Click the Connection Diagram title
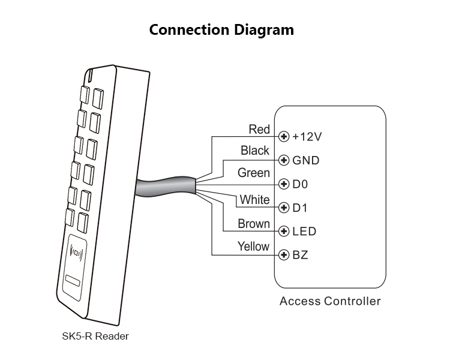pyautogui.click(x=221, y=30)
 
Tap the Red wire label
pyautogui.click(x=259, y=130)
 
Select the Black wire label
pyautogui.click(x=255, y=151)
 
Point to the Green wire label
pyautogui.click(x=253, y=173)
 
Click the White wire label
pyautogui.click(x=254, y=199)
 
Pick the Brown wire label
pyautogui.click(x=253, y=224)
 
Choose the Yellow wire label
pyautogui.click(x=253, y=246)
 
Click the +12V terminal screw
pyautogui.click(x=284, y=137)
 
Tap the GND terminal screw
pyautogui.click(x=284, y=160)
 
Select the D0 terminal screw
pyautogui.click(x=284, y=184)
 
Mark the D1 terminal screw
pyautogui.click(x=284, y=208)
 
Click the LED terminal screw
pyautogui.click(x=284, y=231)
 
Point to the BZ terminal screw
pyautogui.click(x=284, y=255)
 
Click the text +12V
pyautogui.click(x=307, y=137)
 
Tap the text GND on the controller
pyautogui.click(x=305, y=160)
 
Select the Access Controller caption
pyautogui.click(x=330, y=301)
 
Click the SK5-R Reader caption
pyautogui.click(x=95, y=336)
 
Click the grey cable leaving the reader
pyautogui.click(x=162, y=188)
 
